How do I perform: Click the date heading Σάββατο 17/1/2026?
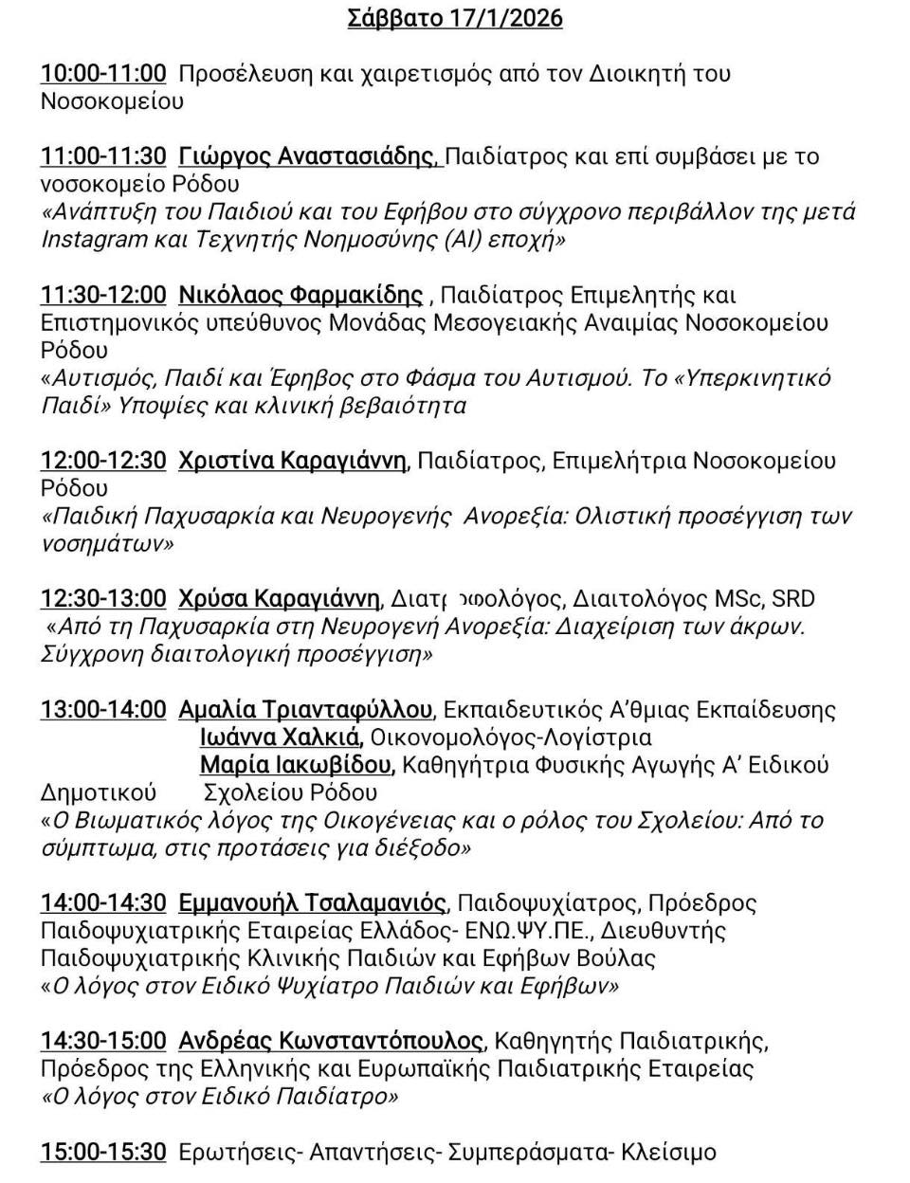pyautogui.click(x=455, y=18)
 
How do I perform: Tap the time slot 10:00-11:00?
pyautogui.click(x=103, y=73)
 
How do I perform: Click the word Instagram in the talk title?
pyautogui.click(x=94, y=239)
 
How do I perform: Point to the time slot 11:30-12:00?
pyautogui.click(x=103, y=296)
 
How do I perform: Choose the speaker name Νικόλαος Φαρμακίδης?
pyautogui.click(x=300, y=296)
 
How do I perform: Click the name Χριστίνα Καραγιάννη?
pyautogui.click(x=293, y=462)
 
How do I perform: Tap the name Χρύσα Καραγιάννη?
pyautogui.click(x=279, y=599)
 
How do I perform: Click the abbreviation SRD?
pyautogui.click(x=793, y=599)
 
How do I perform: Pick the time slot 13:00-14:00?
pyautogui.click(x=103, y=710)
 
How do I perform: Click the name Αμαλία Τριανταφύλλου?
pyautogui.click(x=305, y=710)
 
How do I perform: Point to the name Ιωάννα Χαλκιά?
pyautogui.click(x=280, y=737)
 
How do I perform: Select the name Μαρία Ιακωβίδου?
pyautogui.click(x=295, y=765)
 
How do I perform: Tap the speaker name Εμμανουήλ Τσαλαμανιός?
pyautogui.click(x=312, y=903)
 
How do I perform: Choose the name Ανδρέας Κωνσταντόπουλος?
pyautogui.click(x=331, y=1042)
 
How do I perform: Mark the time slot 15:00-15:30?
pyautogui.click(x=103, y=1153)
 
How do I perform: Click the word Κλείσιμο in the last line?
pyautogui.click(x=669, y=1153)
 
